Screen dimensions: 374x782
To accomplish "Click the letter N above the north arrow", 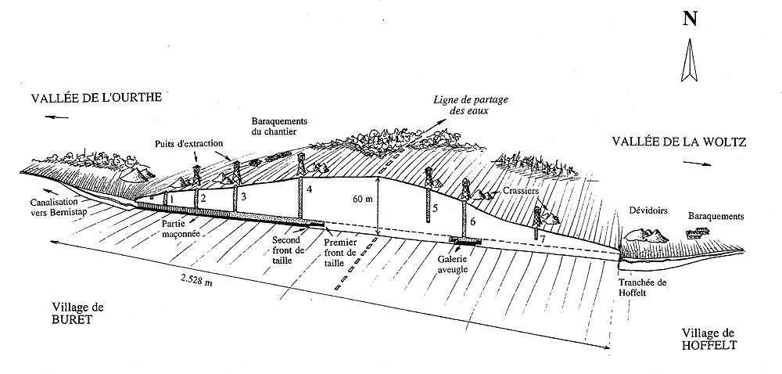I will pyautogui.click(x=690, y=19).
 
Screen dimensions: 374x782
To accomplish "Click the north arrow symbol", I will pyautogui.click(x=689, y=62).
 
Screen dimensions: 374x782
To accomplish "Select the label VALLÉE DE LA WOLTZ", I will pyautogui.click(x=677, y=142).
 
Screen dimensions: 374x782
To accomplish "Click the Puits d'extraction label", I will pyautogui.click(x=189, y=143).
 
